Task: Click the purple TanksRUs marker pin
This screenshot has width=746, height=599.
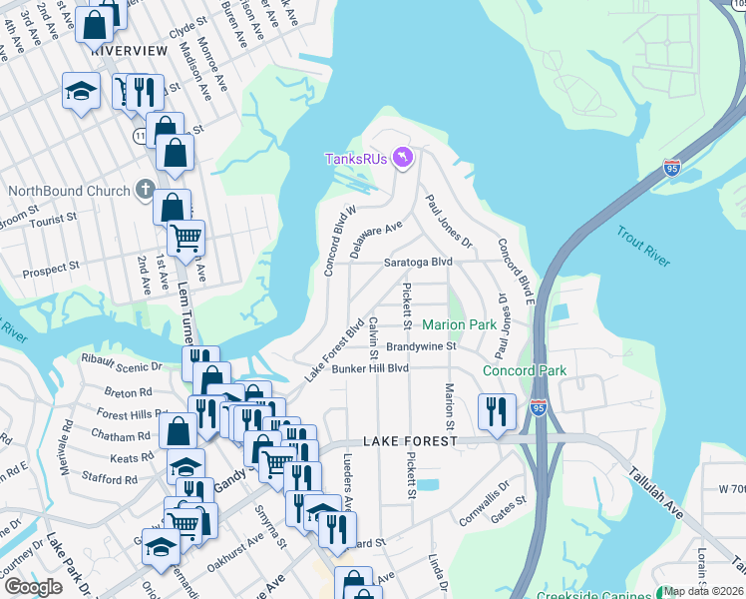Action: click(402, 159)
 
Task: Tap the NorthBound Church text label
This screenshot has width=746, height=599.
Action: click(69, 191)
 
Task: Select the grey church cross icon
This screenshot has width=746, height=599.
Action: click(145, 190)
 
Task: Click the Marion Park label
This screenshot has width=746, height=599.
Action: click(459, 325)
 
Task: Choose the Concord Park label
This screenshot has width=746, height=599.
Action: click(525, 370)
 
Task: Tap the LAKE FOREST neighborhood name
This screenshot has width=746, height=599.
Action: click(410, 440)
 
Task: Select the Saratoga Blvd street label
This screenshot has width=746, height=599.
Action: click(419, 262)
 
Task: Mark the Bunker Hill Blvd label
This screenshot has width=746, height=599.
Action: click(371, 368)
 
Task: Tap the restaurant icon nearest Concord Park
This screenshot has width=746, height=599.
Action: click(496, 409)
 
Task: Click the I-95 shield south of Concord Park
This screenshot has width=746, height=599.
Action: click(539, 407)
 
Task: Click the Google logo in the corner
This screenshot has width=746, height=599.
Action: click(34, 587)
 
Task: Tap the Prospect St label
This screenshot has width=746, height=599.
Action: click(50, 269)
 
